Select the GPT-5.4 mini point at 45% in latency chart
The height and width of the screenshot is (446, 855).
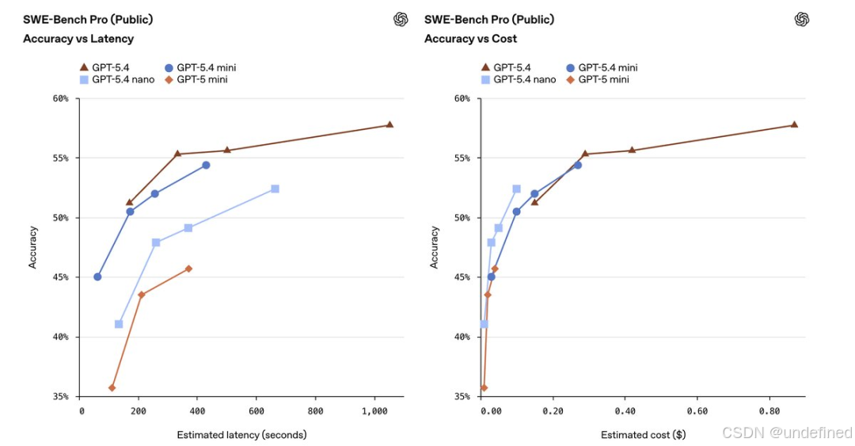pos(97,276)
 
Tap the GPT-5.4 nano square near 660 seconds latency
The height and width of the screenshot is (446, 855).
pos(275,189)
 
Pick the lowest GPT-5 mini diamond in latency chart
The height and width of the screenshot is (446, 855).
pos(112,387)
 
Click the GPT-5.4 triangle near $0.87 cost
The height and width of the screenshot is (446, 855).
pos(794,124)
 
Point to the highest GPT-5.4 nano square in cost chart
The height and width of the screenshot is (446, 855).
pos(516,189)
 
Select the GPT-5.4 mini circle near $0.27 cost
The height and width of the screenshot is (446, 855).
pos(578,165)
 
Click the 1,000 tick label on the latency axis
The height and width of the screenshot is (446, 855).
pos(374,411)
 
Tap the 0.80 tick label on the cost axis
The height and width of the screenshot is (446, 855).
pos(769,411)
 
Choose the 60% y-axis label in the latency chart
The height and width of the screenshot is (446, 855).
pos(62,99)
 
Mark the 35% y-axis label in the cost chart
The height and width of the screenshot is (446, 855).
pos(463,396)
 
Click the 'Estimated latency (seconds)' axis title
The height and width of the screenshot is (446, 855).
pos(241,435)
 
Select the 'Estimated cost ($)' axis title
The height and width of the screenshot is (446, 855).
pos(643,435)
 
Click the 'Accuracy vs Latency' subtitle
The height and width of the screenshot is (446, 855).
pos(78,39)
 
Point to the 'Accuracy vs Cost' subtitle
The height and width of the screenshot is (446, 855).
pos(470,39)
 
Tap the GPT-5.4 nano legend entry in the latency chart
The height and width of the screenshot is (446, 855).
pos(118,79)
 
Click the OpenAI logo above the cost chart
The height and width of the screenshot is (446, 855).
pos(802,20)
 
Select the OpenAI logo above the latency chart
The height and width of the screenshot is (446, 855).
pos(401,20)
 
